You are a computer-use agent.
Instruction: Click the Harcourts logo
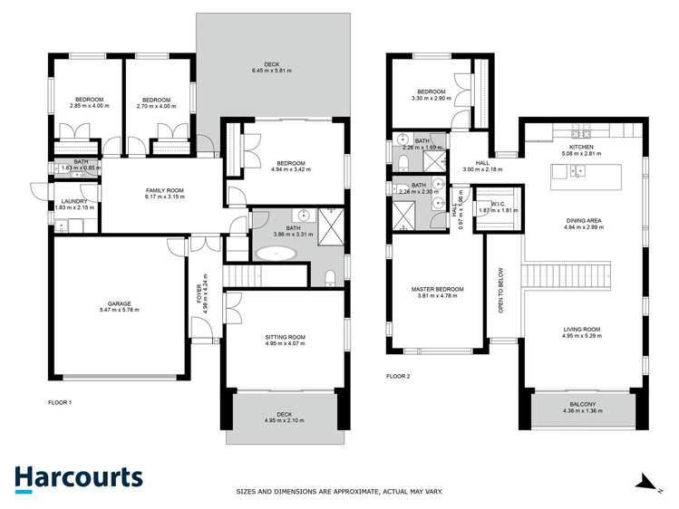coord(78,479)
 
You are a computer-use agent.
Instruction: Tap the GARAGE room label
coord(119,303)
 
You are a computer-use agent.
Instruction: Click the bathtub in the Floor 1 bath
coord(276,253)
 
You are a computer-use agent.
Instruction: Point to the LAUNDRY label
coord(74,201)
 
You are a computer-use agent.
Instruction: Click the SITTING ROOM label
coord(286,337)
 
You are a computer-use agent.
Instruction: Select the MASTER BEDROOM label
coord(437,289)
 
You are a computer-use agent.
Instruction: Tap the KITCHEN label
coord(581,148)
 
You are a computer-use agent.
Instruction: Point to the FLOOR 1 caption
coord(60,401)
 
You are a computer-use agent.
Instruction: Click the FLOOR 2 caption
coord(398,376)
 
